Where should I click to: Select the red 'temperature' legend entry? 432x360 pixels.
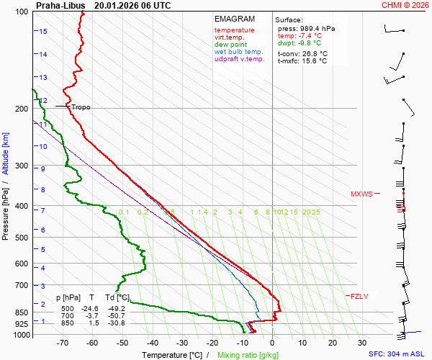(234, 30)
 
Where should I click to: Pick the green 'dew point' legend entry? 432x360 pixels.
(230, 45)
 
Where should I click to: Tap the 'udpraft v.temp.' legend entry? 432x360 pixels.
(239, 59)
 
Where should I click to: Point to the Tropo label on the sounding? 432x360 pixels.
(81, 107)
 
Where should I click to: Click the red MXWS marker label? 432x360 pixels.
(362, 194)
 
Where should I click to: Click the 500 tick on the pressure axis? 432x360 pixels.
(22, 238)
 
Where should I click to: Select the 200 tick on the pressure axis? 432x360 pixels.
(22, 109)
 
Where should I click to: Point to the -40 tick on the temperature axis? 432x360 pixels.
(152, 343)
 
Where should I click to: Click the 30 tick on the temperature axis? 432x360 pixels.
(362, 343)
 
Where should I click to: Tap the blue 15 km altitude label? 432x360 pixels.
(43, 32)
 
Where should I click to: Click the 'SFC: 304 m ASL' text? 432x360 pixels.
(398, 354)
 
